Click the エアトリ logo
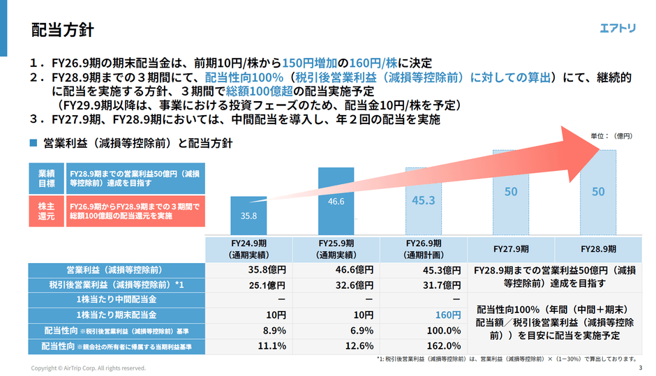click(x=618, y=28)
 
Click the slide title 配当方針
click(x=62, y=30)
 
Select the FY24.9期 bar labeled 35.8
click(x=248, y=216)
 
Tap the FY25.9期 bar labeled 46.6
click(x=336, y=201)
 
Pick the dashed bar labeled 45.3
click(x=424, y=201)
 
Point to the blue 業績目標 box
click(x=47, y=179)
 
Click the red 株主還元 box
click(x=47, y=211)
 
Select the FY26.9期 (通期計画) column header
click(x=424, y=249)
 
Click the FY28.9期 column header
click(x=598, y=249)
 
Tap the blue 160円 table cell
click(x=447, y=315)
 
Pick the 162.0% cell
click(x=443, y=346)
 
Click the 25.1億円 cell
click(x=267, y=285)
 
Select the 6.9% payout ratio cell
click(x=362, y=331)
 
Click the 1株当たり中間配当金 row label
click(x=117, y=299)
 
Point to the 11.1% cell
click(x=272, y=346)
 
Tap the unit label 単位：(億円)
click(x=611, y=136)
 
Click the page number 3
click(x=641, y=368)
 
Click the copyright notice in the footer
click(x=88, y=368)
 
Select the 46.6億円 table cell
click(x=355, y=270)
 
